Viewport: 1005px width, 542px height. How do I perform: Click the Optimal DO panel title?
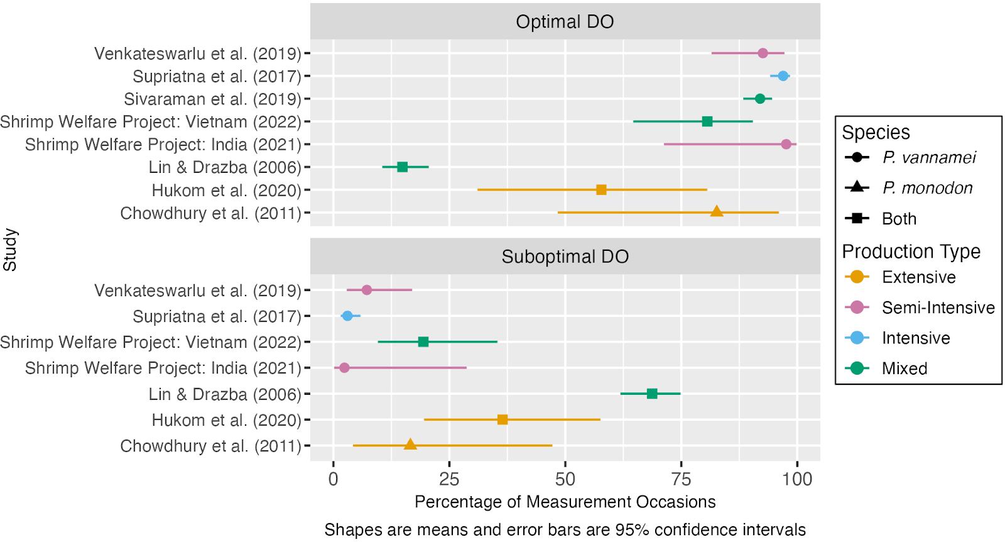click(565, 22)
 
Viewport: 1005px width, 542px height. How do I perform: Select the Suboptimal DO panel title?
click(565, 257)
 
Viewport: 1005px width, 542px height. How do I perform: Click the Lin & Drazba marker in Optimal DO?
click(403, 167)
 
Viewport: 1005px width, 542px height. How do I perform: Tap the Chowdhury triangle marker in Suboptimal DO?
click(410, 445)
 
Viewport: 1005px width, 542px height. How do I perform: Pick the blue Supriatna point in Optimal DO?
click(783, 76)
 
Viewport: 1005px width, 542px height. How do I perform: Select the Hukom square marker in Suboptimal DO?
click(503, 419)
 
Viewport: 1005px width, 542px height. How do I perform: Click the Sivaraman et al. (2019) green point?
click(760, 99)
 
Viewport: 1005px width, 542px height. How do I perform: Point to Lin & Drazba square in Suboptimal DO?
click(652, 394)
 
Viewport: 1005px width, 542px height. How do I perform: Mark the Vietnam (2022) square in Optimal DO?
click(707, 121)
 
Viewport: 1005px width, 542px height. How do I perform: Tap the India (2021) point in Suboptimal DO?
click(344, 368)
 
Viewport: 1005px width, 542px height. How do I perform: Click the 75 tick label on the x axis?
click(681, 479)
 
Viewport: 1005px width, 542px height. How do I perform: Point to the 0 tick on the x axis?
click(334, 479)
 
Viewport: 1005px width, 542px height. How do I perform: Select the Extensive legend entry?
click(918, 277)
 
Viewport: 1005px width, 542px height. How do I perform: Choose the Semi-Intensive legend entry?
click(938, 307)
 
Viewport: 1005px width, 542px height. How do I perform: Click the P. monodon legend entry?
click(927, 188)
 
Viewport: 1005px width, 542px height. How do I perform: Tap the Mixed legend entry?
click(904, 368)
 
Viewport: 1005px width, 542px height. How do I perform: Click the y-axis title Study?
click(10, 250)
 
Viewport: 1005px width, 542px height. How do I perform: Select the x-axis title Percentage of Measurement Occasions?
click(565, 502)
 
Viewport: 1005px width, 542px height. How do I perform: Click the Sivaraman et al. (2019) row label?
click(212, 99)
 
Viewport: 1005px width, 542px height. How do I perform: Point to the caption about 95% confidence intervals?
click(565, 529)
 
